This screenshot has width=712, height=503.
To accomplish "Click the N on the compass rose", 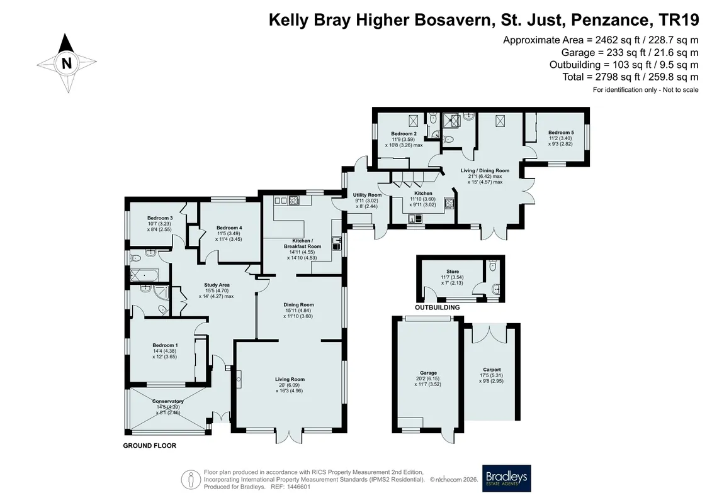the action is (x=67, y=63).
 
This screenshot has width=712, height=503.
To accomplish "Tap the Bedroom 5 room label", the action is (x=561, y=133).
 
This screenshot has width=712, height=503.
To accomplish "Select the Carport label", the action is (x=492, y=370).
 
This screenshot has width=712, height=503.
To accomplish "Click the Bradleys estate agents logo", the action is (x=506, y=478).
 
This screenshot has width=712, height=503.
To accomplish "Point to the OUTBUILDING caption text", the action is (x=438, y=307).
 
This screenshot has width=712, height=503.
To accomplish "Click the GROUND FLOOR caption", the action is (x=149, y=445).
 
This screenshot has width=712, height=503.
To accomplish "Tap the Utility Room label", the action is (x=368, y=195).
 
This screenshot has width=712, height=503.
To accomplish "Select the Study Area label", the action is (x=217, y=285).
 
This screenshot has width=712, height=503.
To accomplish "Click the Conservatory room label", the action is (x=167, y=401).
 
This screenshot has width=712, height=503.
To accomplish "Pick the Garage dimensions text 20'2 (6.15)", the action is (x=427, y=379).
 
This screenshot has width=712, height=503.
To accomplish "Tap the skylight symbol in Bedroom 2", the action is (x=413, y=121).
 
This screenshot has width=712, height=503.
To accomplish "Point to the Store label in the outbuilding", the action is (x=452, y=272).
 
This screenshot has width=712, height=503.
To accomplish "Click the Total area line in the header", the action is (x=630, y=77).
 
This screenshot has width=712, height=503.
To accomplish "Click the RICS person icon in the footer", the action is (x=191, y=480).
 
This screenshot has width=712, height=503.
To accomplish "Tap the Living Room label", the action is (x=290, y=379).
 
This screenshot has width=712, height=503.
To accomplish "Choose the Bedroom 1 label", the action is (x=165, y=345).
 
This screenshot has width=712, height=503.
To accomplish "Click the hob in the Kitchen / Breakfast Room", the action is (x=294, y=200).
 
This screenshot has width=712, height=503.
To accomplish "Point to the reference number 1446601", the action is (x=297, y=487).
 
